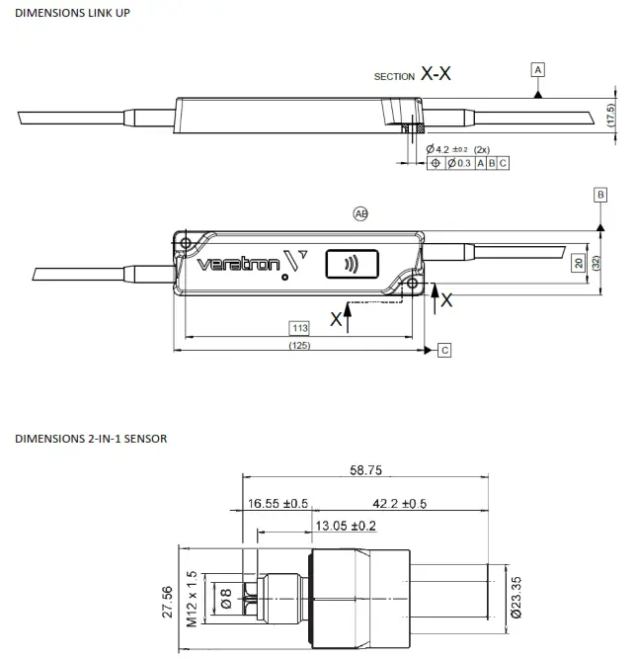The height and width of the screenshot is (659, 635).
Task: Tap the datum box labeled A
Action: (537, 69)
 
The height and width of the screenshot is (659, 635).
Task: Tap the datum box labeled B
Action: (599, 195)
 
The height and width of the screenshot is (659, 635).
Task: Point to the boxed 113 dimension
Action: (299, 327)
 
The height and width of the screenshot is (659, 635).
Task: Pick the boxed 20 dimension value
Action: (579, 263)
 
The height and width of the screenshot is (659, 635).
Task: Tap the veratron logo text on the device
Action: (237, 264)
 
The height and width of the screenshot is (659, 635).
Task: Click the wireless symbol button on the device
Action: (350, 264)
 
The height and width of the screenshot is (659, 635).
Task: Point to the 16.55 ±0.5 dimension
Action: (278, 504)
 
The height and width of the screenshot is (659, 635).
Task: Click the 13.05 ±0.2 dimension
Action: (345, 525)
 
